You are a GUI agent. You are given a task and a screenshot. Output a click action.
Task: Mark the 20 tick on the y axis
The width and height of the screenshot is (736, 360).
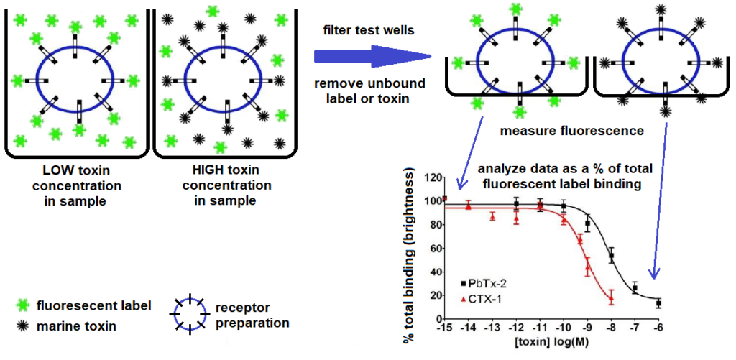click(x=431, y=295)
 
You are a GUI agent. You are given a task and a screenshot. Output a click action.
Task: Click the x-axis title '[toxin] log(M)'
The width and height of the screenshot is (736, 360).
click(x=551, y=340)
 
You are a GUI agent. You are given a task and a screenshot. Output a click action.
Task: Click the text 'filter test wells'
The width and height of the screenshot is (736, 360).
click(x=369, y=30)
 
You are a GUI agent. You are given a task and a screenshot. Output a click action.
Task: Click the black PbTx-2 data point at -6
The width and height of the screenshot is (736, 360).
click(x=658, y=304)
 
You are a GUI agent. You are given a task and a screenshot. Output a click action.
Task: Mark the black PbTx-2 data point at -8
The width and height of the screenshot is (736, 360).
click(x=612, y=256)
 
